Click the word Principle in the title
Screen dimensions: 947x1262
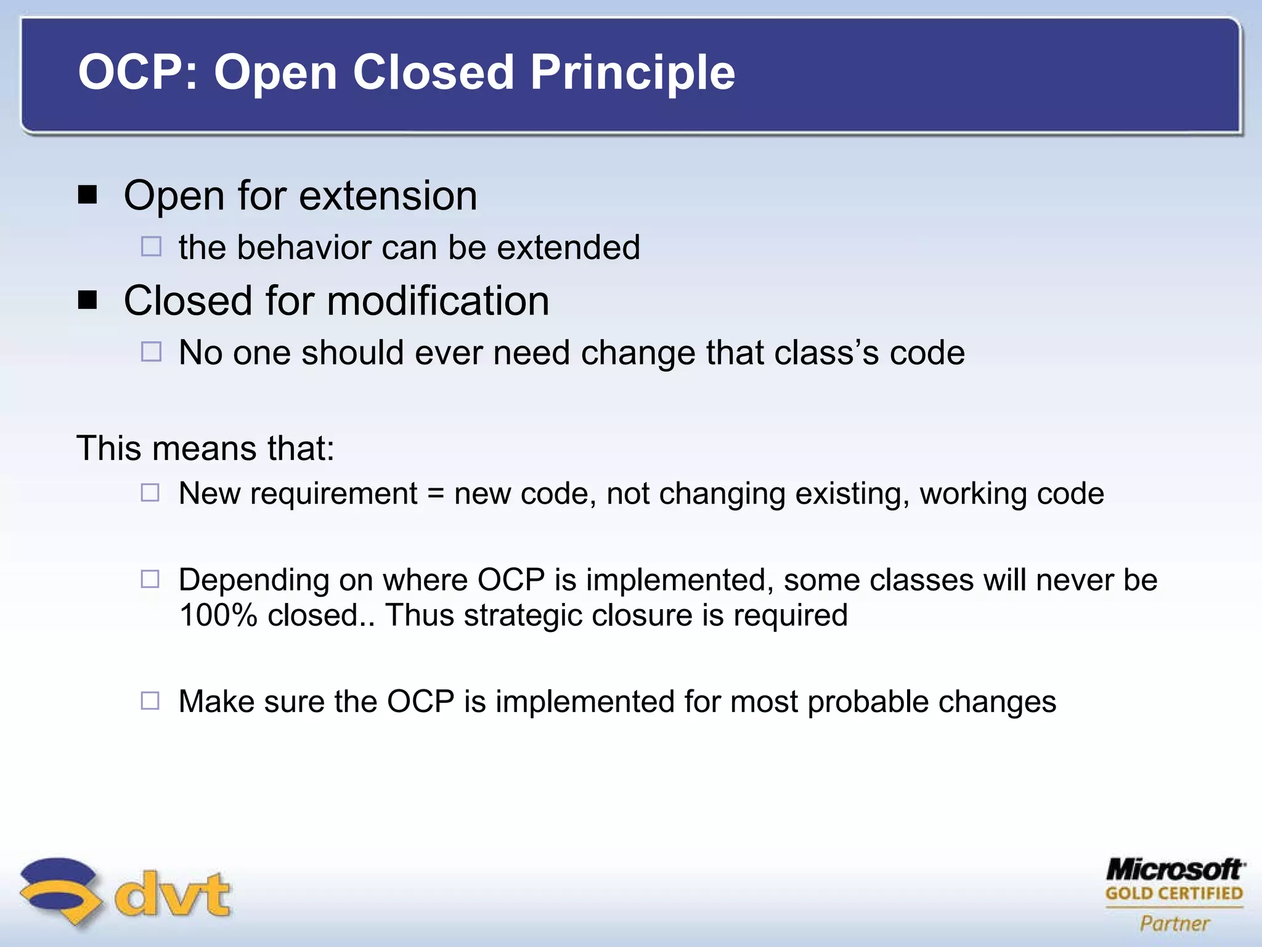point(632,73)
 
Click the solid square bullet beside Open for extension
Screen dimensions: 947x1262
point(88,195)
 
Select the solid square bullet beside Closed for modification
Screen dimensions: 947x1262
point(88,300)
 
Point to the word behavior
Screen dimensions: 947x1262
point(304,248)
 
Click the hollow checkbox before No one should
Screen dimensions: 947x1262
point(151,352)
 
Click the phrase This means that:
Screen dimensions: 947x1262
point(205,448)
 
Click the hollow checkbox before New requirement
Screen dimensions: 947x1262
point(150,493)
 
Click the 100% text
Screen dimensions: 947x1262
point(218,615)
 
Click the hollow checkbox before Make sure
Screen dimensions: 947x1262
point(150,701)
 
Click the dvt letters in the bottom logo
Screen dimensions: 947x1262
point(173,894)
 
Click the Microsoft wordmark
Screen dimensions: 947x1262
point(1174,869)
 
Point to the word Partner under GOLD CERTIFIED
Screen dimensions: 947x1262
point(1174,923)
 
